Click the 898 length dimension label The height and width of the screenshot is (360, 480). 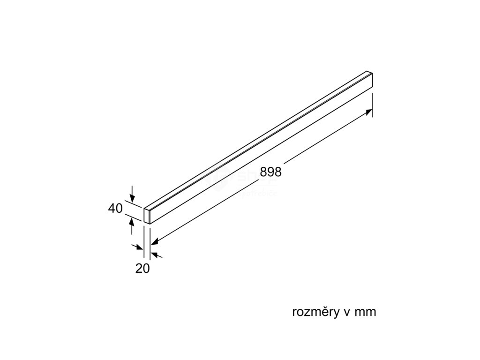[270, 172]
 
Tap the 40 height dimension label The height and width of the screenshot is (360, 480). [115, 208]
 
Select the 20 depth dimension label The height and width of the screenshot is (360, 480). [142, 269]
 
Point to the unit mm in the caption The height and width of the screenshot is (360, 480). [366, 312]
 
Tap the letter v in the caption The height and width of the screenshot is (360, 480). [344, 313]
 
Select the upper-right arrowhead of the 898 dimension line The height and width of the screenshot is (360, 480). [369, 112]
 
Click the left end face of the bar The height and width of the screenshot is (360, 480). [147, 216]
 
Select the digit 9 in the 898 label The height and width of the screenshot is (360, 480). [270, 172]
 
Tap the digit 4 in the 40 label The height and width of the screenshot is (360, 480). [112, 208]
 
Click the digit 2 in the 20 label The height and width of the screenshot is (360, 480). [139, 269]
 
